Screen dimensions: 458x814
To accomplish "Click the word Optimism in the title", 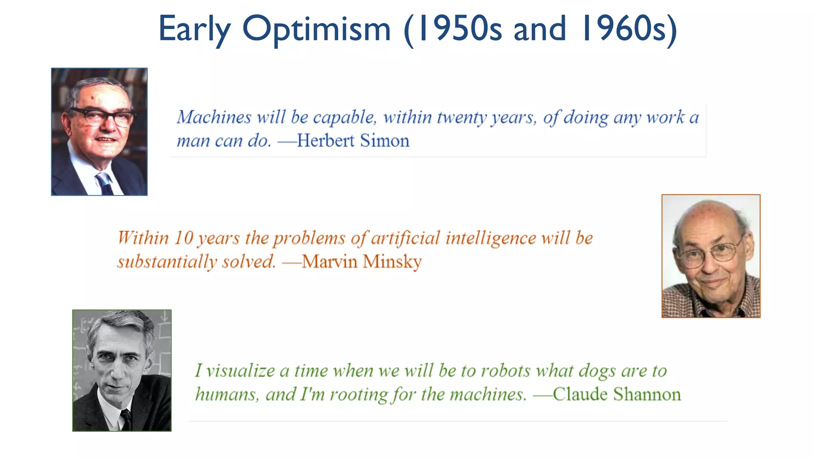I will pos(316,29).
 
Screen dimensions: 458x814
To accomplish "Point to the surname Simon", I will pos(384,141).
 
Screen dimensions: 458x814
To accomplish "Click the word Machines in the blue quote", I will pos(214,117).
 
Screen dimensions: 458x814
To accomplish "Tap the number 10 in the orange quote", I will pos(184,238).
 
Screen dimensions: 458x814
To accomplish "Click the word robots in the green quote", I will pos(506,371).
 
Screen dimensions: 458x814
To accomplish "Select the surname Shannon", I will pos(647,394).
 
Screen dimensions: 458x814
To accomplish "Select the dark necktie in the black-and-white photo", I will pos(126,419).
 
